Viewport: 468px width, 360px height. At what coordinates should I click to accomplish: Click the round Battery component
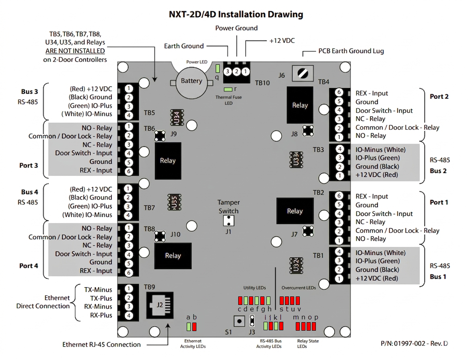(191, 82)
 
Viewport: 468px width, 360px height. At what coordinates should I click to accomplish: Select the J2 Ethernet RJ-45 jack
(160, 304)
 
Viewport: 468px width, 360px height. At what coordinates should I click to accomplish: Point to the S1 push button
(239, 321)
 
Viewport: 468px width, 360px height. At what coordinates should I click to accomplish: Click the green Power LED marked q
(217, 68)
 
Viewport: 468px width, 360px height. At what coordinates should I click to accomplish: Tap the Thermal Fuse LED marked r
(228, 89)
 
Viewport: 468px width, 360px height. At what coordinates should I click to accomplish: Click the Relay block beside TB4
(299, 105)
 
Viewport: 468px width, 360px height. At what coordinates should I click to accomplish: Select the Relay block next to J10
(173, 255)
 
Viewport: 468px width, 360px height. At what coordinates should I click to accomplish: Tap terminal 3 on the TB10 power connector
(228, 72)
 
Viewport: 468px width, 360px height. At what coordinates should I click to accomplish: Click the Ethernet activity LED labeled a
(188, 327)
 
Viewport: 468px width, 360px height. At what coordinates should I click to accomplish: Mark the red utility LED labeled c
(240, 300)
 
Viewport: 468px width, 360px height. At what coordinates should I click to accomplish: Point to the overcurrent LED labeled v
(298, 300)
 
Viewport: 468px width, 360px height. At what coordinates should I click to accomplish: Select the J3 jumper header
(252, 320)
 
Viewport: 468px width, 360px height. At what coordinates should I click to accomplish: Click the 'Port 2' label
(439, 97)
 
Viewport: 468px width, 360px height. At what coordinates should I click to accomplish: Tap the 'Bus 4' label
(29, 192)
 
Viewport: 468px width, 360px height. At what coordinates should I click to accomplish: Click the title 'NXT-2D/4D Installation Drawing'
(235, 15)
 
